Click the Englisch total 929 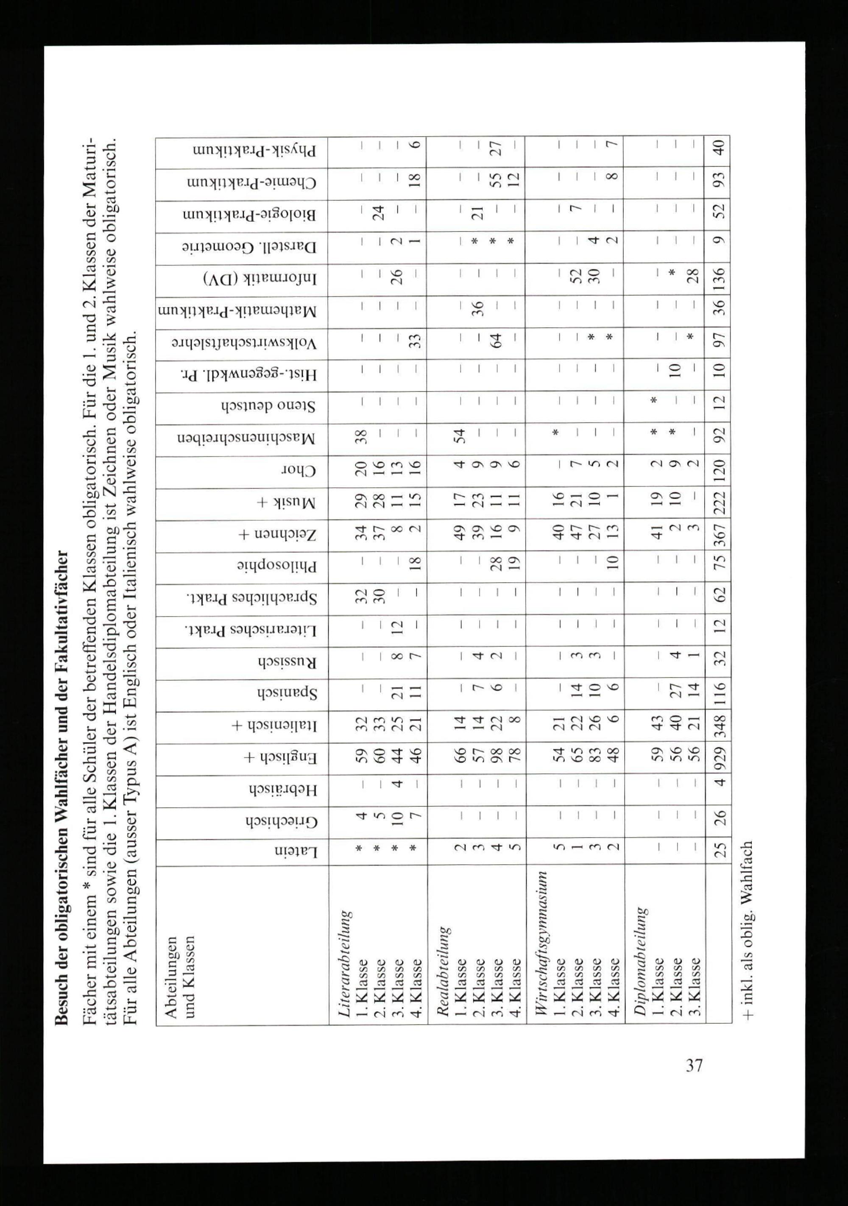(x=719, y=758)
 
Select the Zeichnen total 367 (x=719, y=535)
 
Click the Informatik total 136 (x=719, y=279)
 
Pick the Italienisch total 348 (x=719, y=726)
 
